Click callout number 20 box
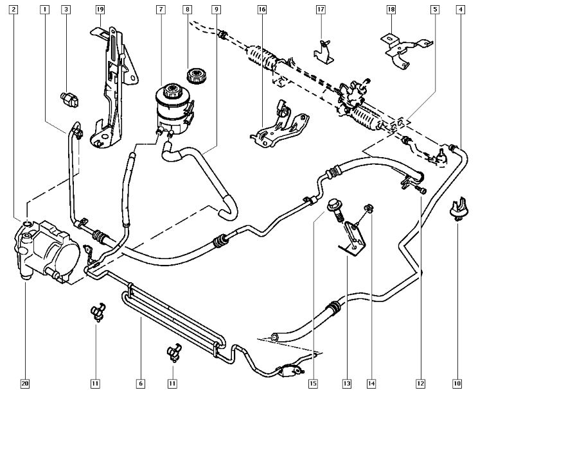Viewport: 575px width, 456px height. tap(25, 384)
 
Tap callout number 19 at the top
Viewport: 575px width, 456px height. tap(100, 10)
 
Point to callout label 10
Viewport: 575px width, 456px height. tap(457, 384)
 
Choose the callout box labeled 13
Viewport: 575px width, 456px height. tap(346, 384)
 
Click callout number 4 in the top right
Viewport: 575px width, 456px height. tap(461, 10)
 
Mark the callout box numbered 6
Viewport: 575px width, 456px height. tap(140, 384)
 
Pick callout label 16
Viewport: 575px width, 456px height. tap(262, 10)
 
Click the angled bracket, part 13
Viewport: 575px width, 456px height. tap(351, 237)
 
